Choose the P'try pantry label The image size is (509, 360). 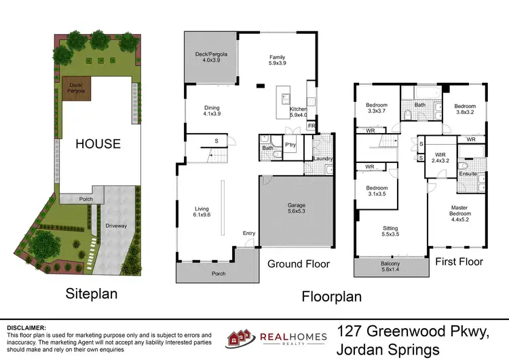click(x=290, y=145)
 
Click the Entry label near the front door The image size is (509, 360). click(x=249, y=234)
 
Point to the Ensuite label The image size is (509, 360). click(x=468, y=174)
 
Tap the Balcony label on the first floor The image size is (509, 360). click(x=390, y=264)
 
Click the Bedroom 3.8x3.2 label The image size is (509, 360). click(x=465, y=107)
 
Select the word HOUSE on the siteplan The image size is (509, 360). click(x=98, y=144)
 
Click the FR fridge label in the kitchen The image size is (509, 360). click(x=312, y=126)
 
